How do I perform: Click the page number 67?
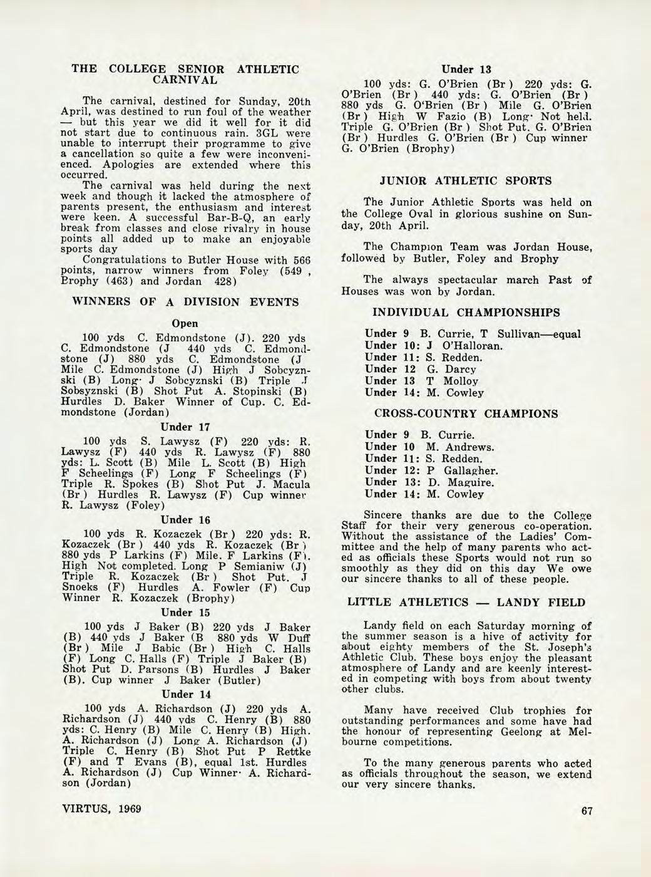coord(587,811)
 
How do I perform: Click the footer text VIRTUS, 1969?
coord(102,808)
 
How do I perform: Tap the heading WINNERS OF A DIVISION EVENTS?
coord(186,302)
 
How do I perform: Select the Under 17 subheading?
coord(185,427)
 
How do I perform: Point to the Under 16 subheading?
coord(185,520)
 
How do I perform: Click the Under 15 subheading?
coord(185,612)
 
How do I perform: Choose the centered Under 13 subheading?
coord(466,69)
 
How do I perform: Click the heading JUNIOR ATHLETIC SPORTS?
coord(466,181)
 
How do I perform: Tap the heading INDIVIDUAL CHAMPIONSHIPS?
coord(466,312)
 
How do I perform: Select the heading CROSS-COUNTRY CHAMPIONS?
coord(466,414)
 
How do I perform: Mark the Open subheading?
coord(185,324)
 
